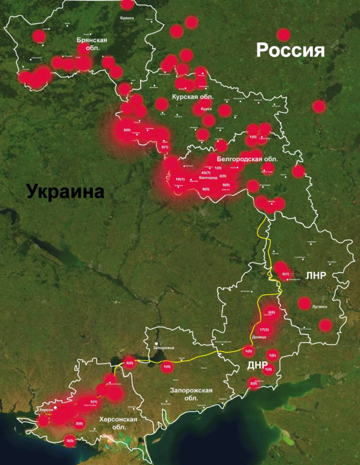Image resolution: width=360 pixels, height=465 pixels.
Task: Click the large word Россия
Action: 290,50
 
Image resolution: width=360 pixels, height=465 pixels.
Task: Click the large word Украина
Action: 64,192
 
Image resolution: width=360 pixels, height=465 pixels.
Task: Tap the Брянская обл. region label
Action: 92,43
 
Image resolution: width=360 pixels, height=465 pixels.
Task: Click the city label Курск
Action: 206,109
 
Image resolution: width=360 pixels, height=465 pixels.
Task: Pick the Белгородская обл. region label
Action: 247,159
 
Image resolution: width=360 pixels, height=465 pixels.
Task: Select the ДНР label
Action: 259,365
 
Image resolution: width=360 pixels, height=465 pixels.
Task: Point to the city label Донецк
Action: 259,337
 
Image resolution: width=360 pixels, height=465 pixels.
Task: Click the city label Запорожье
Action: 165,344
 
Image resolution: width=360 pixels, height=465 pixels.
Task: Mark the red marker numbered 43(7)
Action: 206,173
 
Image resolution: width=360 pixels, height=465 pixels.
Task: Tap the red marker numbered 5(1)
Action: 94,402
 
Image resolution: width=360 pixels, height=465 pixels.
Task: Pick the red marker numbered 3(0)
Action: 70,441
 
